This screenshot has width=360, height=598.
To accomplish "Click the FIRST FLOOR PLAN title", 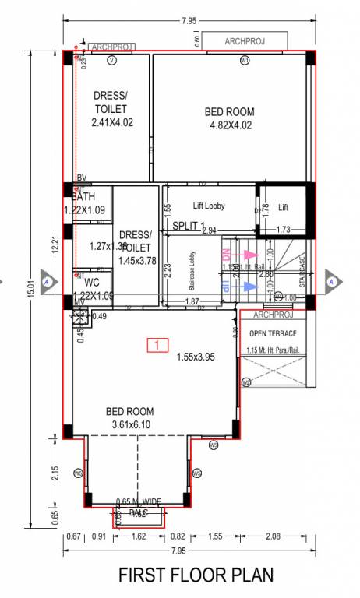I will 196,575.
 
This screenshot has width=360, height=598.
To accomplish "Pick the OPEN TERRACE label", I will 274,333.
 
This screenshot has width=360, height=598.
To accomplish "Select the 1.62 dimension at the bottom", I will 139,536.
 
